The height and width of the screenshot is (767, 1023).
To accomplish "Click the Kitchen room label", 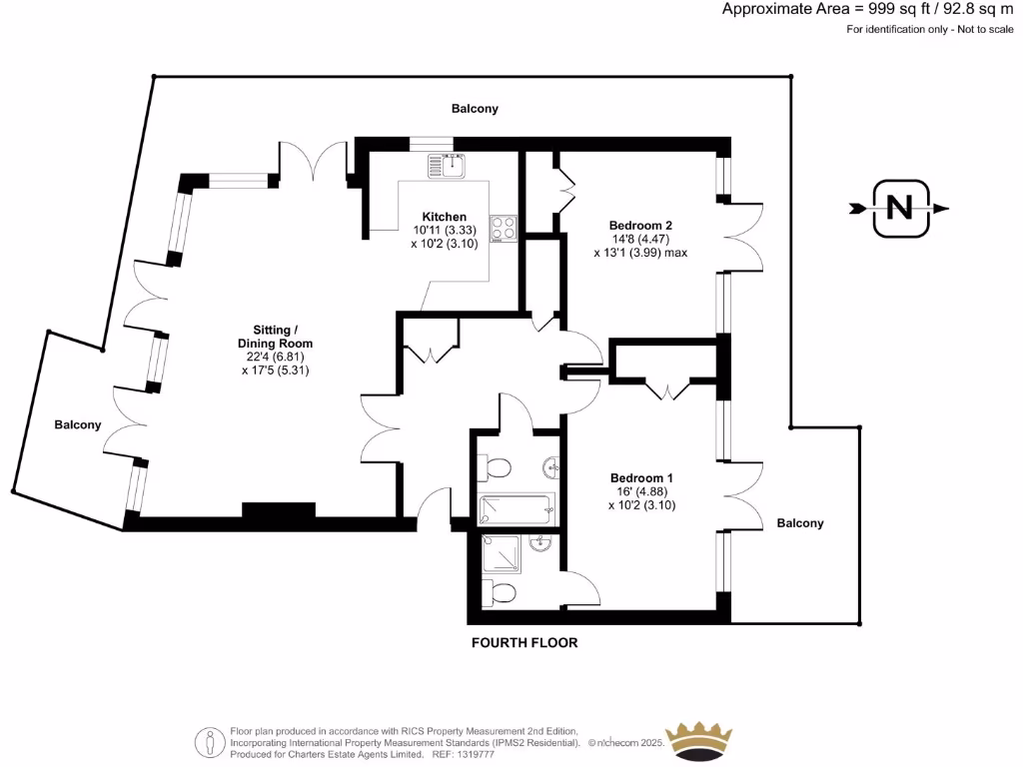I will click(x=444, y=217).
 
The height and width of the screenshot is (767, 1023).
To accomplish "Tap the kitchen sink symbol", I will click(x=448, y=164).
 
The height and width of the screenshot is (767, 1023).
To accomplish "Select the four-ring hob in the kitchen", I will click(x=503, y=228).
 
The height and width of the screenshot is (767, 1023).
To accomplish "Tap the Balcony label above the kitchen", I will click(x=475, y=108).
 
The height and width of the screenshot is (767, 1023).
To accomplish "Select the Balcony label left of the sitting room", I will click(x=78, y=424).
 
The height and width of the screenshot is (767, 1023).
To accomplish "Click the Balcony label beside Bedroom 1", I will click(x=800, y=523).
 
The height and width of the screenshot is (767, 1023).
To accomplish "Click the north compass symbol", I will click(x=899, y=209).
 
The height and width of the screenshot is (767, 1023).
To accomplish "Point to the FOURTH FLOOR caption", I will click(x=524, y=643).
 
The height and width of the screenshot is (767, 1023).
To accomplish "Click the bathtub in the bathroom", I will click(x=515, y=510).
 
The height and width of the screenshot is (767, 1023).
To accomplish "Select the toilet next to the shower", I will click(x=502, y=594).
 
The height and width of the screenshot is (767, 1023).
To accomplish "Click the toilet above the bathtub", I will click(x=497, y=466).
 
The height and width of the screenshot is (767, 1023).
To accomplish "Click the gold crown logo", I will click(x=698, y=740).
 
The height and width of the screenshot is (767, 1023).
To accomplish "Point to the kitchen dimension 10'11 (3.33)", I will click(x=444, y=230).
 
